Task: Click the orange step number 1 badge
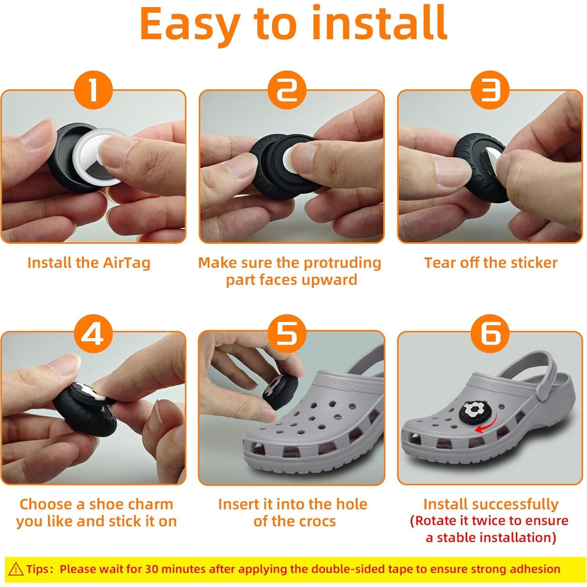[x=93, y=90]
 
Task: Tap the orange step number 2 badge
[x=287, y=90]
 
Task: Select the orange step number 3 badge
[x=490, y=90]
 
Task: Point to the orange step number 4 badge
[x=93, y=333]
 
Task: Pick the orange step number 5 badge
[x=287, y=333]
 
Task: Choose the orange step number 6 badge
[x=490, y=333]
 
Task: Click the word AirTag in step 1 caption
[x=127, y=263]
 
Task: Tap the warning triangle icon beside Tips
[x=16, y=569]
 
